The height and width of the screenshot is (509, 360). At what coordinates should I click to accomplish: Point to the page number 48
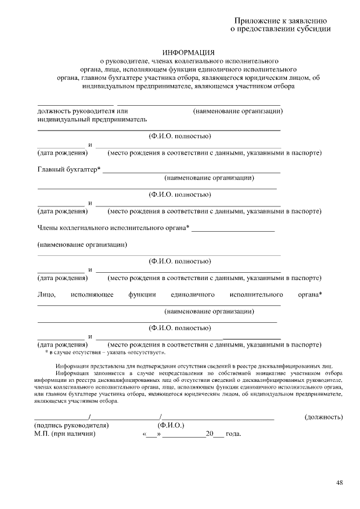(x=340, y=483)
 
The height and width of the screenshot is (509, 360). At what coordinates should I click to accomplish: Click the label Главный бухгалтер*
(x=69, y=169)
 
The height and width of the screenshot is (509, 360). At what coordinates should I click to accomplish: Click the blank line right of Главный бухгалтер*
(x=191, y=172)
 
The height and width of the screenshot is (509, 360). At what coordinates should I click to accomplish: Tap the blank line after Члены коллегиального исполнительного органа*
(x=233, y=231)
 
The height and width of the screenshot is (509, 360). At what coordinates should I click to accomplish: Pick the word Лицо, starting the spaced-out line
(x=46, y=294)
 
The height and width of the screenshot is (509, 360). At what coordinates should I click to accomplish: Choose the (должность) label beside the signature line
(x=323, y=417)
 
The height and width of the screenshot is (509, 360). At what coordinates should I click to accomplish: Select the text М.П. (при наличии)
(x=65, y=434)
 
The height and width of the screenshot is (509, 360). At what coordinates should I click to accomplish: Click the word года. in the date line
(x=233, y=434)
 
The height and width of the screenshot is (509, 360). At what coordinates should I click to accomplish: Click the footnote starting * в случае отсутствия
(x=105, y=353)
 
